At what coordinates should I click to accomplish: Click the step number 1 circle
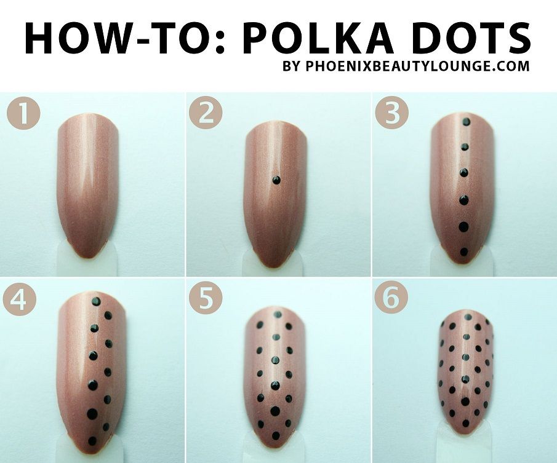coord(22,114)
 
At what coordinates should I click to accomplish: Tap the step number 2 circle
coord(206,114)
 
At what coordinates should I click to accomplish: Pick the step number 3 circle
coord(391,114)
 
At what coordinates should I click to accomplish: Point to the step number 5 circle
coord(206,299)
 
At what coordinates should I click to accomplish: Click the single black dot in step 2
coord(276,180)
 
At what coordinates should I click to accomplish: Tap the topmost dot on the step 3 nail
coord(465,122)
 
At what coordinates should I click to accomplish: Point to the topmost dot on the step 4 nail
coord(96,301)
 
